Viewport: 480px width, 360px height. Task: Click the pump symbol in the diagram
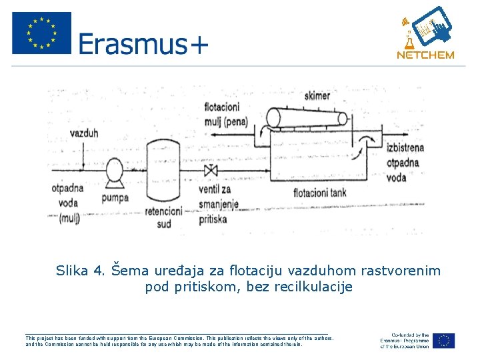click(x=114, y=175)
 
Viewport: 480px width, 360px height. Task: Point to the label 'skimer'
click(x=317, y=96)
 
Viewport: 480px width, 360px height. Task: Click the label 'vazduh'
click(x=84, y=133)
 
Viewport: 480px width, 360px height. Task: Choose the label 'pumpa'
click(x=115, y=197)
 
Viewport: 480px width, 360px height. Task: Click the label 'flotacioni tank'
click(x=320, y=193)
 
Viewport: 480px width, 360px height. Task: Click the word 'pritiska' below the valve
click(x=213, y=219)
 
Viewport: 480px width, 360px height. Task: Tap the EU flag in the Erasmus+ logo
click(x=41, y=33)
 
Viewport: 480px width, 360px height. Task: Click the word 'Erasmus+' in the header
click(x=143, y=44)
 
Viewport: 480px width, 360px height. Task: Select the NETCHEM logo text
click(x=425, y=55)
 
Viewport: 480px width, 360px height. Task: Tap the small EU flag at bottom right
click(x=443, y=341)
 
